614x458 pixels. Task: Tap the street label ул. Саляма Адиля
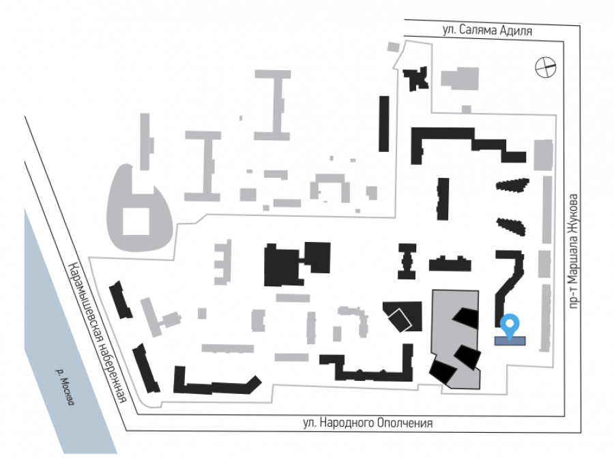(x=486, y=31)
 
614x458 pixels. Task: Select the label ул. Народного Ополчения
(x=368, y=423)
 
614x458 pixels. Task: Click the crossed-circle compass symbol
(x=546, y=67)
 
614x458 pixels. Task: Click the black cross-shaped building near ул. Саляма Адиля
(x=415, y=78)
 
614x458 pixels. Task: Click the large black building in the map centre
(x=295, y=263)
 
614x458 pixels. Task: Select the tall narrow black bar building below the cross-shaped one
(x=384, y=123)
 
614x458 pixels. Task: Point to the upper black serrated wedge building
(x=513, y=184)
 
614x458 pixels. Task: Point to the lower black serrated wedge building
(x=512, y=225)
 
